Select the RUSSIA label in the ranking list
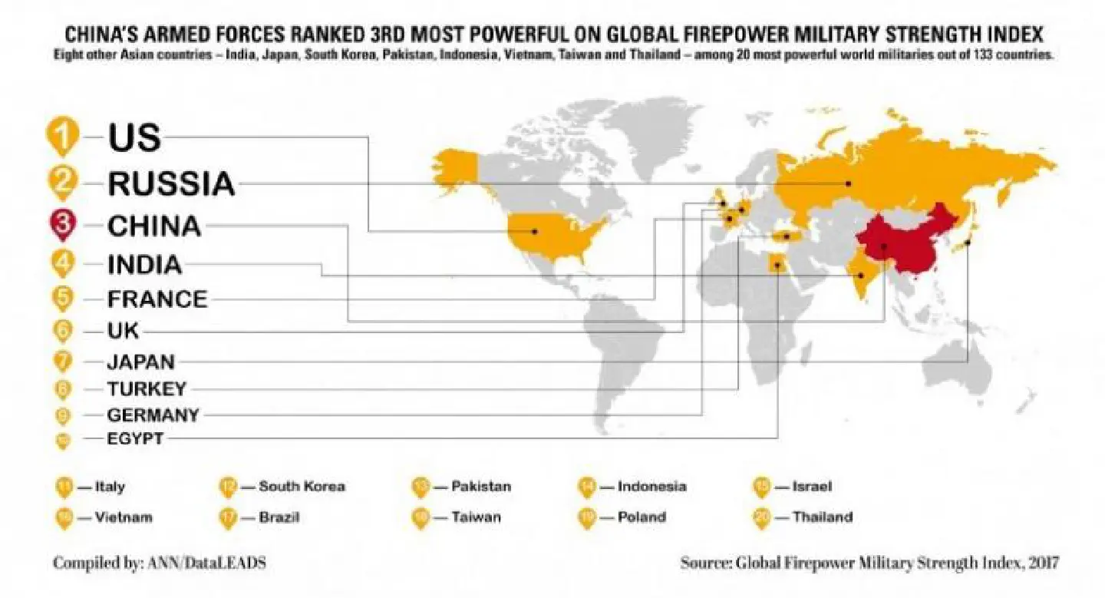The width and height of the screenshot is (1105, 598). [x=170, y=183]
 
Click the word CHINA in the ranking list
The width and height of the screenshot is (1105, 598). [x=154, y=226]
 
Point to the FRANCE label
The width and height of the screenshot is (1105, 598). [x=157, y=298]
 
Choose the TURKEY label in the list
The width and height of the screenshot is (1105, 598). [x=146, y=388]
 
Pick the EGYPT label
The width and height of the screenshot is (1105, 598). [x=135, y=439]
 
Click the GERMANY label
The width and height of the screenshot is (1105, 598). [x=153, y=415]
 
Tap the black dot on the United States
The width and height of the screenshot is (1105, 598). [x=534, y=230]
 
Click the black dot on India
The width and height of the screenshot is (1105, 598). [x=861, y=275]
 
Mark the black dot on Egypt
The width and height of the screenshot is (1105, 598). [x=778, y=266]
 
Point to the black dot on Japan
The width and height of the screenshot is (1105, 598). [x=968, y=243]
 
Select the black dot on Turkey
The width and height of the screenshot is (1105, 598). [x=787, y=236]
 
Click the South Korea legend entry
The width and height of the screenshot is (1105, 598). [x=301, y=486]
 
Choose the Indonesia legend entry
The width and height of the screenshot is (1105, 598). [x=651, y=486]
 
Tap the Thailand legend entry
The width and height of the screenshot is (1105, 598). [x=822, y=517]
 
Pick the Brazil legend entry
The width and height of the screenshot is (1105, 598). [x=279, y=517]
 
